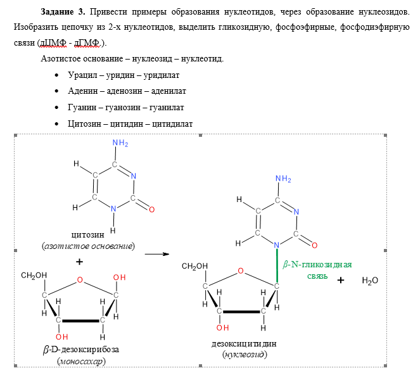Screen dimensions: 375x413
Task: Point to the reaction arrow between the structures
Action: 156,255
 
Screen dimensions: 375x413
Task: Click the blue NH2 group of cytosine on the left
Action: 120,144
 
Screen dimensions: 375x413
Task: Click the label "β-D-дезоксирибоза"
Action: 80,350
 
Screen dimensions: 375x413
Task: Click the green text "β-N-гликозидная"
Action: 317,265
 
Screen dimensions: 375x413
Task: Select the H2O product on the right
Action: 369,280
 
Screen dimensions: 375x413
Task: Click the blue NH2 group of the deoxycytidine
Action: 283,179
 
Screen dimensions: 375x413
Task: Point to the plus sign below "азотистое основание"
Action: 79,262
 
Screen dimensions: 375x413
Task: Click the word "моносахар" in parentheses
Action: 81,362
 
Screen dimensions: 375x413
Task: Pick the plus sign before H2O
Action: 340,280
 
